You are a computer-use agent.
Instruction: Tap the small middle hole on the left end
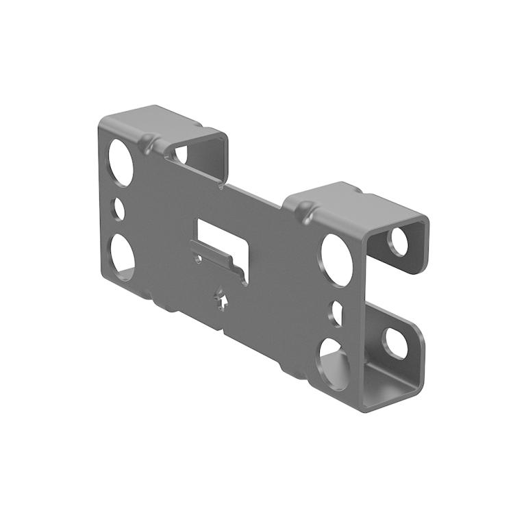tap(118, 208)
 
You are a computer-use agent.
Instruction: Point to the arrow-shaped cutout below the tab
tap(221, 299)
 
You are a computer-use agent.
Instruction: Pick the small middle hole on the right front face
tap(337, 313)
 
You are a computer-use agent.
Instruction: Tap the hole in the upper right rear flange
tap(398, 242)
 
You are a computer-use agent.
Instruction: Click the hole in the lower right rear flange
tap(394, 343)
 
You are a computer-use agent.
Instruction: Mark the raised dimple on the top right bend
tap(306, 209)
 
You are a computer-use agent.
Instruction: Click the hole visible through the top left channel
tap(181, 153)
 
